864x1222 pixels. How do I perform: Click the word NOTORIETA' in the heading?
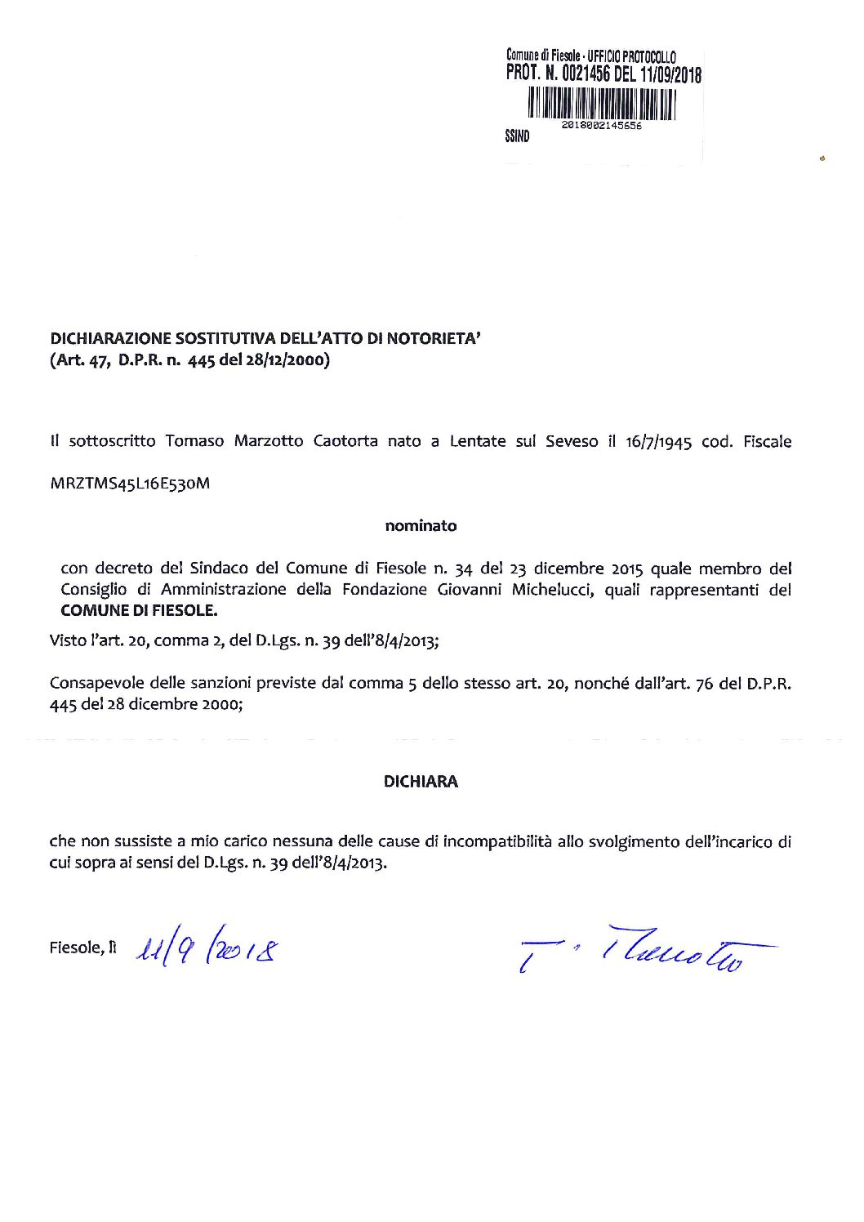[x=437, y=337]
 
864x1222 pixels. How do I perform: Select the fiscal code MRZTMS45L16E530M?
[x=130, y=484]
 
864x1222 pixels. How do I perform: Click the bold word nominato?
[x=421, y=527]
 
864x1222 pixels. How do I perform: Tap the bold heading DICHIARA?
[x=421, y=782]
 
